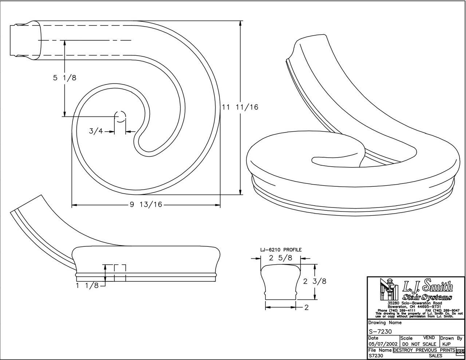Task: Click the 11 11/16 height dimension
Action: pyautogui.click(x=240, y=107)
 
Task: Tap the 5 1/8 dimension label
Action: pyautogui.click(x=64, y=78)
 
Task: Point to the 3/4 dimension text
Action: pyautogui.click(x=96, y=131)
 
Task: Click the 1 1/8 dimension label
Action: pyautogui.click(x=87, y=286)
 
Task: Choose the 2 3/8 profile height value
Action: pyautogui.click(x=315, y=281)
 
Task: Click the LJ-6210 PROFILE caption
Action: pyautogui.click(x=280, y=250)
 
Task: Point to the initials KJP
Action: pyautogui.click(x=447, y=344)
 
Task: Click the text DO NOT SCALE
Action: pyautogui.click(x=419, y=344)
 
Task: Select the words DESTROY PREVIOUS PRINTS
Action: pyautogui.click(x=424, y=350)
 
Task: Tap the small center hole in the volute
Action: pyautogui.click(x=120, y=116)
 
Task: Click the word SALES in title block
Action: pyautogui.click(x=435, y=356)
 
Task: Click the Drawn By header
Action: pyautogui.click(x=451, y=338)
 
